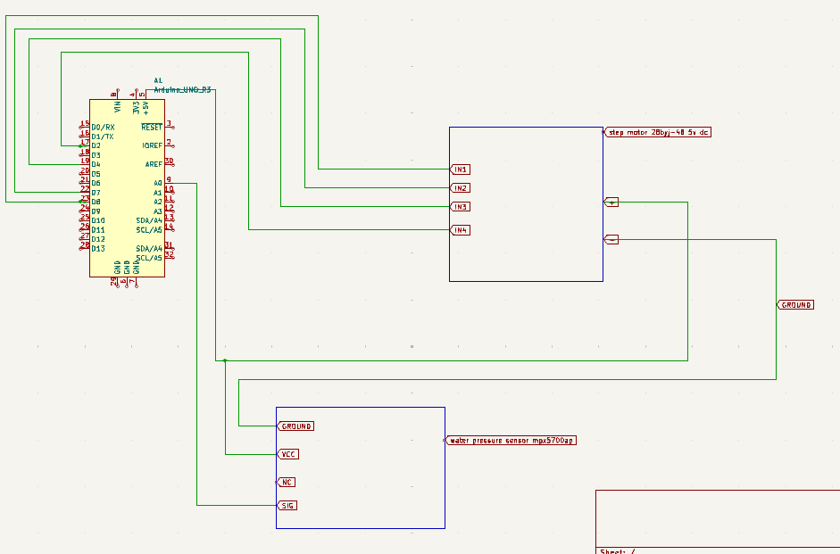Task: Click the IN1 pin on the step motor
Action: (460, 169)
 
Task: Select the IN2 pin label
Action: (460, 188)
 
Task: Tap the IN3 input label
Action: (460, 207)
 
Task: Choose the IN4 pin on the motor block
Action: (460, 230)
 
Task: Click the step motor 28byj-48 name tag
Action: (659, 132)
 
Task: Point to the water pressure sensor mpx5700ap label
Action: (510, 440)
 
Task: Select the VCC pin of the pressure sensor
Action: (288, 454)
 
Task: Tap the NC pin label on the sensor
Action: (286, 482)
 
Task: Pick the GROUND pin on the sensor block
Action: (295, 426)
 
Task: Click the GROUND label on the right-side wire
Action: (795, 305)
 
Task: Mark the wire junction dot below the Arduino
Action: (225, 360)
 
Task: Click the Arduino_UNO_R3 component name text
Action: (183, 90)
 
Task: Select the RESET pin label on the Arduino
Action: (151, 128)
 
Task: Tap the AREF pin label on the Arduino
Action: (154, 164)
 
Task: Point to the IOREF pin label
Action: (152, 145)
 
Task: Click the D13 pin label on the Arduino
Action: (98, 248)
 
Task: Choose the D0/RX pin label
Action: (103, 128)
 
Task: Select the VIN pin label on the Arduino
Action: (117, 108)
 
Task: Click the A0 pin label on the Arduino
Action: (158, 183)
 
